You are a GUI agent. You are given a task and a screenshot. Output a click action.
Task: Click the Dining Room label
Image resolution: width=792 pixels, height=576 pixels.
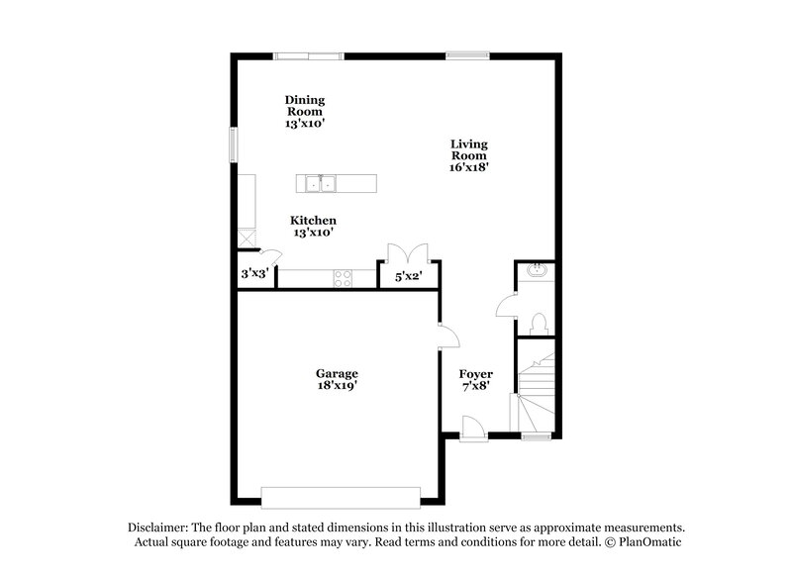(305, 106)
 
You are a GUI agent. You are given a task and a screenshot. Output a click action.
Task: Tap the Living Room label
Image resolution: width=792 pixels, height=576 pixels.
(469, 149)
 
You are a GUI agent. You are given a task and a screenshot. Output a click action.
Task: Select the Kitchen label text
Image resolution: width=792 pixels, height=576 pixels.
(313, 220)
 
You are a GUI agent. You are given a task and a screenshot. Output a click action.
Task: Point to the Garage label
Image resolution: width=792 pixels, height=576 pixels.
(337, 373)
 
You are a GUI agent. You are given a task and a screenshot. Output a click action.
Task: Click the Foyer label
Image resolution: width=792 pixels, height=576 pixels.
(475, 373)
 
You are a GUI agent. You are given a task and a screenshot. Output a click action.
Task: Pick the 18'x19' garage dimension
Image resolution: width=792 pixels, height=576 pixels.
(337, 386)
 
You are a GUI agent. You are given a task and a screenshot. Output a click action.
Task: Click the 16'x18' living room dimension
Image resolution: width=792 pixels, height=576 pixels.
(469, 167)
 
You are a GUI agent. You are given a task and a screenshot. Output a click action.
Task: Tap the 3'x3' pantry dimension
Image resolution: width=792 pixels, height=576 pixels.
(254, 274)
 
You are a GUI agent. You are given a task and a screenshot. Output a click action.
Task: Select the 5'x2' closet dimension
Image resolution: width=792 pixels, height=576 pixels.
(409, 276)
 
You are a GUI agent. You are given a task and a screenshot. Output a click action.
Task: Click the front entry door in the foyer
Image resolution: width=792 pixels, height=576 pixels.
(473, 430)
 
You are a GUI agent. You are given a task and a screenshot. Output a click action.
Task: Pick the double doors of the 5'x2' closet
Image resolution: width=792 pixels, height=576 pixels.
(408, 252)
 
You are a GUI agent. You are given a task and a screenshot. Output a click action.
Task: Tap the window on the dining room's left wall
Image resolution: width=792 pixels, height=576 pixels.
(235, 144)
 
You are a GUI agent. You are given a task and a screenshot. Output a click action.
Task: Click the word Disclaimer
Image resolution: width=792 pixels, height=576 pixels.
(159, 528)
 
